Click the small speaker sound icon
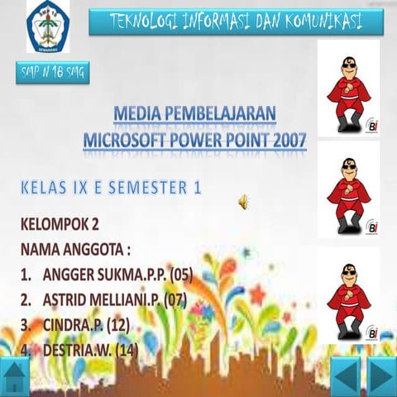pyautogui.click(x=245, y=201)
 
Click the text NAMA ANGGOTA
pyautogui.click(x=77, y=248)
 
